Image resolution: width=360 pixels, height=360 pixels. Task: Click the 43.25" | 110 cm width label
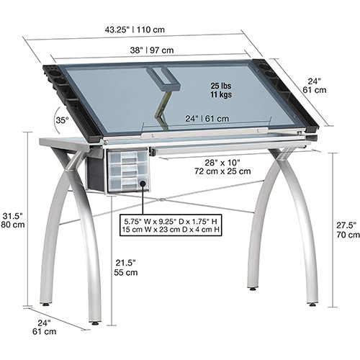point(135,30)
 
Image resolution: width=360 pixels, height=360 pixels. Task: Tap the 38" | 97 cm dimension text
point(152,50)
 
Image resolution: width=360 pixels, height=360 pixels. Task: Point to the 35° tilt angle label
point(62,120)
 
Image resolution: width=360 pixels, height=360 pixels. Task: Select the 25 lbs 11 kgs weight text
point(221,90)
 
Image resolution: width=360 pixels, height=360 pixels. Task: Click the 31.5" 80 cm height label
point(13,220)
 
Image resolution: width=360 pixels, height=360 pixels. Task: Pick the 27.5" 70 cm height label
point(348,230)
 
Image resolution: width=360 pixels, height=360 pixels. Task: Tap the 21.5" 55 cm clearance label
point(126,268)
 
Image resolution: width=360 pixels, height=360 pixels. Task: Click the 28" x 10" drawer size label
point(222,167)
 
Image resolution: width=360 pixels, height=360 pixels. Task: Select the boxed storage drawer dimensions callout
point(171,225)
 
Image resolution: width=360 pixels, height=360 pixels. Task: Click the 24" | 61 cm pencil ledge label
point(207,119)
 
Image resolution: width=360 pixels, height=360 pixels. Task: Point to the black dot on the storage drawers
point(143,184)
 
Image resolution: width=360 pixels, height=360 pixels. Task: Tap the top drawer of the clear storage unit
point(127,157)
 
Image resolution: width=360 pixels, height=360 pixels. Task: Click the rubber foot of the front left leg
point(95,323)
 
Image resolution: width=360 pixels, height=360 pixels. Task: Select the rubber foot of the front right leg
point(312,305)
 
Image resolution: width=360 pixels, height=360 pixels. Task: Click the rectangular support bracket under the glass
point(164,78)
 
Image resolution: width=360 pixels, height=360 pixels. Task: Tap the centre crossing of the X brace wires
point(162,199)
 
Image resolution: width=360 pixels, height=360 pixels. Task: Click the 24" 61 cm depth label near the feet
point(44,327)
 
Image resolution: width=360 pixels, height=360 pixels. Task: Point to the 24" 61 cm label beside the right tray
point(315,86)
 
